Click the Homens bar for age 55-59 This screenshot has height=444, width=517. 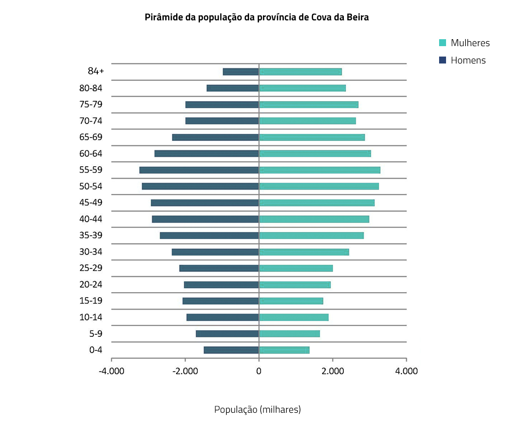[199, 170]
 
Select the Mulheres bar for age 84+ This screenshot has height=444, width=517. [300, 72]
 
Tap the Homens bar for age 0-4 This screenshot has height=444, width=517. [231, 350]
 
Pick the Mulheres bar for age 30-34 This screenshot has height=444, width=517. [304, 252]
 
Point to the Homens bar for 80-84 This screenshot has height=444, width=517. [233, 88]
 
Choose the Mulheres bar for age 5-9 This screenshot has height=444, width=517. [289, 334]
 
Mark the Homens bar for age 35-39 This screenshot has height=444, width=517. [209, 236]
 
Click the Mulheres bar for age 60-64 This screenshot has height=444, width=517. [315, 154]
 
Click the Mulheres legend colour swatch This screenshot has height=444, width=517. [443, 43]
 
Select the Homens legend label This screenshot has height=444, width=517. [468, 61]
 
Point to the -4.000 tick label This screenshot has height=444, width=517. [111, 371]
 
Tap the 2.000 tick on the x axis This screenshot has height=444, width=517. [332, 371]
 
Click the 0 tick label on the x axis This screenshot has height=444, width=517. [259, 371]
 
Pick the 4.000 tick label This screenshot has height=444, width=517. [406, 371]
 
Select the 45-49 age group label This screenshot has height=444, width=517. [91, 203]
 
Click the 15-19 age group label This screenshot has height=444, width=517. [91, 301]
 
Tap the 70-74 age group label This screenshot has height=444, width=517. [91, 121]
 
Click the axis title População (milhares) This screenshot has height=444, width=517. [258, 410]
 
